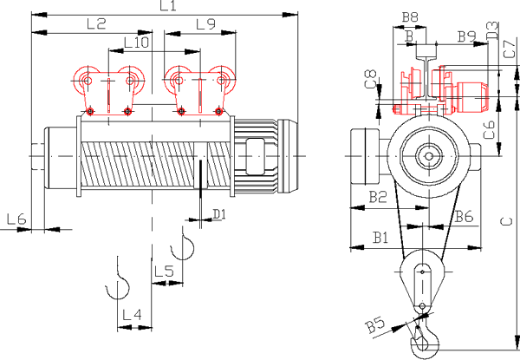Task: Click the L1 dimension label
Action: tap(168, 6)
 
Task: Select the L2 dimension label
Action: tap(96, 24)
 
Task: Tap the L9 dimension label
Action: tap(205, 24)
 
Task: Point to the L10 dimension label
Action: tap(136, 43)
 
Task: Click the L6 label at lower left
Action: tap(16, 219)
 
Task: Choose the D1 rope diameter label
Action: tap(219, 214)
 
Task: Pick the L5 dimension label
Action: tap(164, 272)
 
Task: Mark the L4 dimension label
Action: tap(132, 315)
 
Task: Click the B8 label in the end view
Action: tap(410, 17)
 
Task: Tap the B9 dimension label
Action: tap(467, 36)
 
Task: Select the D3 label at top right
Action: tap(493, 31)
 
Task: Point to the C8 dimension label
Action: tap(371, 79)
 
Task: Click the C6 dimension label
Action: tap(490, 130)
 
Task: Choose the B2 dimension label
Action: tap(378, 197)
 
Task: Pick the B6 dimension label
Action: tap(464, 217)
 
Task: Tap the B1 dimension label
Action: tap(380, 238)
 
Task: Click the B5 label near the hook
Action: tap(375, 326)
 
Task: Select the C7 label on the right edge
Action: tap(510, 49)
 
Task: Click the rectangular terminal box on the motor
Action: tap(255, 157)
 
